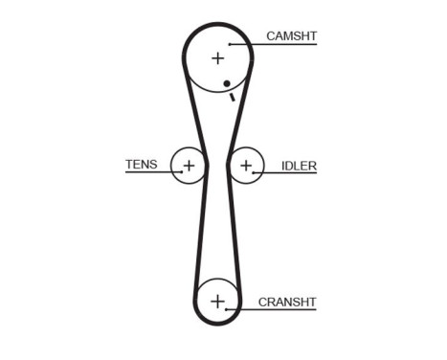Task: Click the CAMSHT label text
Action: pyautogui.click(x=291, y=36)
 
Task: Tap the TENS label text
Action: pyautogui.click(x=141, y=164)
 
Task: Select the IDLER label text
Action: pyautogui.click(x=299, y=165)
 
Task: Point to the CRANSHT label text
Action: pyautogui.click(x=286, y=302)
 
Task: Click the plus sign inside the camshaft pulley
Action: pyautogui.click(x=217, y=57)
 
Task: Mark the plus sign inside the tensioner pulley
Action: pyautogui.click(x=189, y=166)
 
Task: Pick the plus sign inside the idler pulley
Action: pyautogui.click(x=246, y=166)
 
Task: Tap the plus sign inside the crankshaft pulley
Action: pyautogui.click(x=217, y=302)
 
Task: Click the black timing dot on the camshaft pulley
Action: pyautogui.click(x=227, y=84)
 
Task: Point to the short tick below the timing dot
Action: pyautogui.click(x=232, y=94)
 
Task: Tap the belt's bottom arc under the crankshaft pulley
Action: pyautogui.click(x=217, y=326)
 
